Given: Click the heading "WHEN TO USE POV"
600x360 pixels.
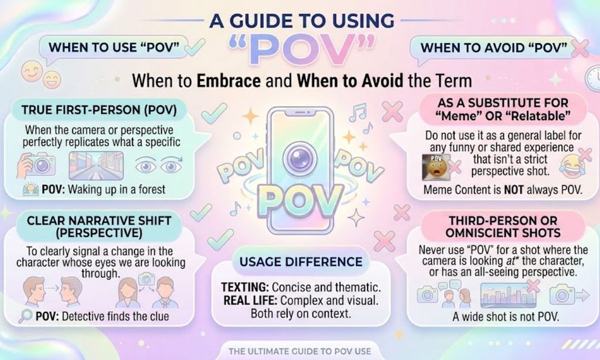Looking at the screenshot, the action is [114, 48].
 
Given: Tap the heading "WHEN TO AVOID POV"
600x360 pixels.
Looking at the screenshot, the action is [493, 48].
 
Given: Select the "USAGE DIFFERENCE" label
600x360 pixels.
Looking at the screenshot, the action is [301, 262].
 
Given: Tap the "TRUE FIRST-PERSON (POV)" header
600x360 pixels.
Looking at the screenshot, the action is [99, 110].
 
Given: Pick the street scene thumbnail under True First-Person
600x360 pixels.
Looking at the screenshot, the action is [96, 165].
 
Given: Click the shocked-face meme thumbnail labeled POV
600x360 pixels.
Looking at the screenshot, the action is [436, 167].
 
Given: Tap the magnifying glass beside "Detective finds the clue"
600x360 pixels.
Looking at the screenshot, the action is [26, 316].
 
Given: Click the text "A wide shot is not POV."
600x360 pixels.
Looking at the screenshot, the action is [506, 317].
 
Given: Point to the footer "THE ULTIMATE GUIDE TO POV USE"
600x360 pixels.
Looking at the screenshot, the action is [299, 351].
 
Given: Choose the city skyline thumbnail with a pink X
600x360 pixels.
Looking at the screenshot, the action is [508, 294].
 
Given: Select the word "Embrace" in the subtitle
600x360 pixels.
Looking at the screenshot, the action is [229, 81].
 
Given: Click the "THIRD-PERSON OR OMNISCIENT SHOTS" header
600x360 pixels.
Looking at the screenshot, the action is [503, 227].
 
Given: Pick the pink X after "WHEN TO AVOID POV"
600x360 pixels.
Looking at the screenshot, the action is [581, 48].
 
